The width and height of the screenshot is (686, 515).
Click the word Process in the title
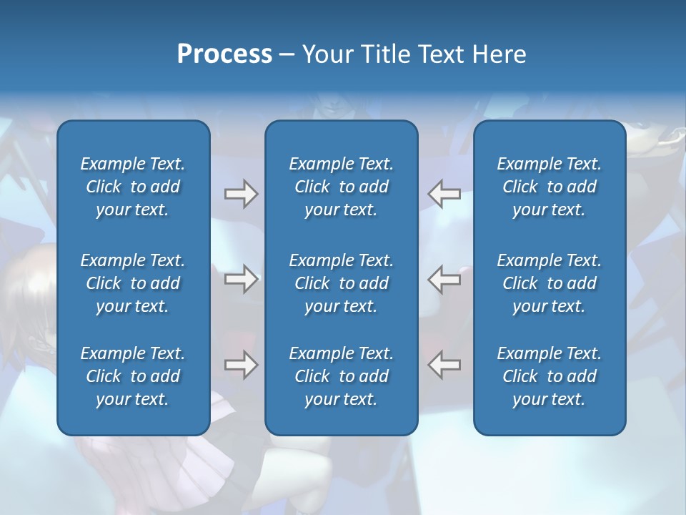coord(224,54)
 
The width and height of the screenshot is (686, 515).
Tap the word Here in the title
coord(499,54)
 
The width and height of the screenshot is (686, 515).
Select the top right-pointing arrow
coord(241,194)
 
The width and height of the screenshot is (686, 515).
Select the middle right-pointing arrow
coord(241,279)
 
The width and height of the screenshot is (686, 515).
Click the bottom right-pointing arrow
coord(241,365)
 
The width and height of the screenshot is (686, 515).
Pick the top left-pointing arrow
coord(444,194)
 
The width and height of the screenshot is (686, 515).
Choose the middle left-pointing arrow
coord(444,279)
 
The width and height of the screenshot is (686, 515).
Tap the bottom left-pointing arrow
coord(444,365)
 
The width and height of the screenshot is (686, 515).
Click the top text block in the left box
coord(133,187)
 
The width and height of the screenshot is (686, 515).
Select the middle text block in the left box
coord(133,283)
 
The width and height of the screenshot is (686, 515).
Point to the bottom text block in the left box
coord(133,376)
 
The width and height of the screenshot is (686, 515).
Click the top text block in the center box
coord(342,187)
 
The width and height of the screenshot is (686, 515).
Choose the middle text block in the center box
coord(342,283)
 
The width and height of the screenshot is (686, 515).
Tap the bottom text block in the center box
coord(342,376)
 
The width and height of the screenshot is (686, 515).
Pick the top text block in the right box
coord(550,187)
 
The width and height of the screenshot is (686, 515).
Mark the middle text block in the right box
coord(550,283)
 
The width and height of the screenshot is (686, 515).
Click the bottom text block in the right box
coord(550,376)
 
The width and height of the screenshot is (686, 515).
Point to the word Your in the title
coord(326,54)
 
